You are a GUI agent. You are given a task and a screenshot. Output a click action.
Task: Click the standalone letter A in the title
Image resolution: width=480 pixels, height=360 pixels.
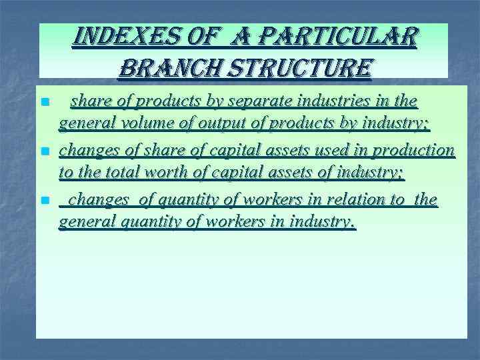tap(235, 37)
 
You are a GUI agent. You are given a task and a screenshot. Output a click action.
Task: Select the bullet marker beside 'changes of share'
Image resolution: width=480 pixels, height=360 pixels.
tap(45, 151)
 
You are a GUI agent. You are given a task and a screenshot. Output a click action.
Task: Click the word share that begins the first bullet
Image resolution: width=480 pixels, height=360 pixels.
tap(91, 101)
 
